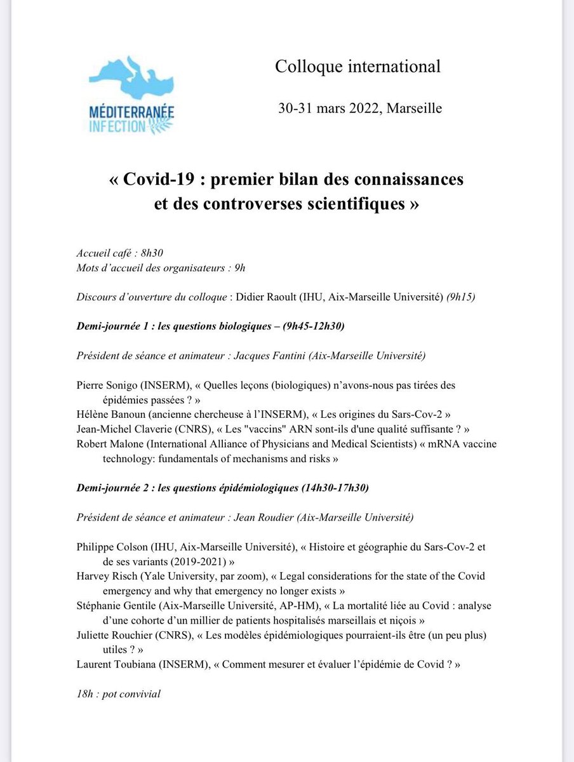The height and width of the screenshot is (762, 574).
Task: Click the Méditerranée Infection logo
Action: click(131, 95)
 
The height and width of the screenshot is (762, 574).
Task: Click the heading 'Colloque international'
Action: click(357, 67)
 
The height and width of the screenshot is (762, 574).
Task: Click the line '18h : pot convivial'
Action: click(118, 693)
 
